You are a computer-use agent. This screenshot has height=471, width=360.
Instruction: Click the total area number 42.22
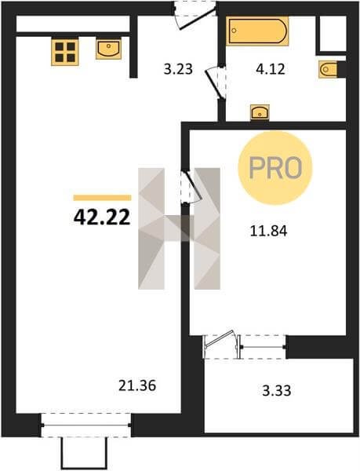click(102, 217)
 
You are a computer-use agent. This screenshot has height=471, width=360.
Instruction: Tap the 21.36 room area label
click(137, 385)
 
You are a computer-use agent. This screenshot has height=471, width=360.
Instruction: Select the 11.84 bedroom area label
click(269, 231)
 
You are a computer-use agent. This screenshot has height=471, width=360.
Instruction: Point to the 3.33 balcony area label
click(277, 391)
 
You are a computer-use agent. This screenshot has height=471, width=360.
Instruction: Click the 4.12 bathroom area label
click(271, 69)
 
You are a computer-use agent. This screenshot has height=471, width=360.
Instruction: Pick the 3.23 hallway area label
click(178, 69)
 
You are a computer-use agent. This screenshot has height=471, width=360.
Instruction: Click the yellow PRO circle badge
click(275, 168)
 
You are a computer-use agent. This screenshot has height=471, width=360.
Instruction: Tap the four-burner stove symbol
click(65, 53)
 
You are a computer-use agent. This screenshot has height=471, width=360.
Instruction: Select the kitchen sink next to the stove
click(108, 49)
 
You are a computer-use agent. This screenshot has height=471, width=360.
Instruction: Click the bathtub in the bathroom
click(257, 31)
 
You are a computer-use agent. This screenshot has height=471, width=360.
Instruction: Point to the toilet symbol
click(328, 70)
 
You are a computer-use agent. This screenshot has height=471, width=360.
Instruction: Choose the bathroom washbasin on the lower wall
click(260, 112)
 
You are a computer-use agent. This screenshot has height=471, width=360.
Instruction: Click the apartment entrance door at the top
click(195, 15)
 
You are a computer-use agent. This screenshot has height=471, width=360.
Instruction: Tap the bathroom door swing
click(216, 82)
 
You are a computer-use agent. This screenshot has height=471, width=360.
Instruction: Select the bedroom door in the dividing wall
click(191, 188)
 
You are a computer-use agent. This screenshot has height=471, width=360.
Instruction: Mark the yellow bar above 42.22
click(102, 197)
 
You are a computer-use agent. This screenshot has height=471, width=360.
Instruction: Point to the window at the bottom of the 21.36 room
click(86, 425)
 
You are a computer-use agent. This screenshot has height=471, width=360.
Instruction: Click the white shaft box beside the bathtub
click(333, 34)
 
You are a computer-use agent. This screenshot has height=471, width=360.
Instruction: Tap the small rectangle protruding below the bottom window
click(84, 453)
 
